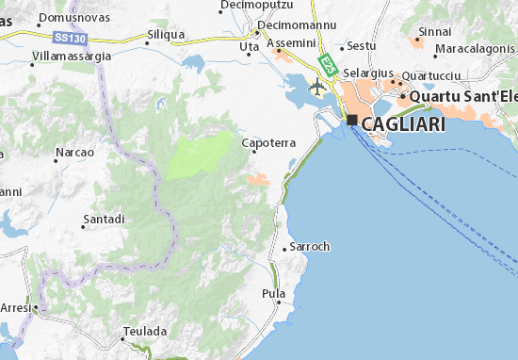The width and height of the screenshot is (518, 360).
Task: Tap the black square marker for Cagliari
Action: coord(352,121)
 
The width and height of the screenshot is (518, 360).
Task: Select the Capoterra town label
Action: coord(269,143)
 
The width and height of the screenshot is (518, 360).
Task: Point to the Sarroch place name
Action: coord(310,247)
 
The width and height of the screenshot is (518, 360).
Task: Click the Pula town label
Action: coord(273,294)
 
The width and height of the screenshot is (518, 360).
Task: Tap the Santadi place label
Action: coord(104,219)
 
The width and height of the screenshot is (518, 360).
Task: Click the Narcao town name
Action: coord(75,152)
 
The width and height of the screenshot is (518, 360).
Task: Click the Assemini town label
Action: coord(286,43)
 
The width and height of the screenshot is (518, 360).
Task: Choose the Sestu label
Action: coord(362,45)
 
